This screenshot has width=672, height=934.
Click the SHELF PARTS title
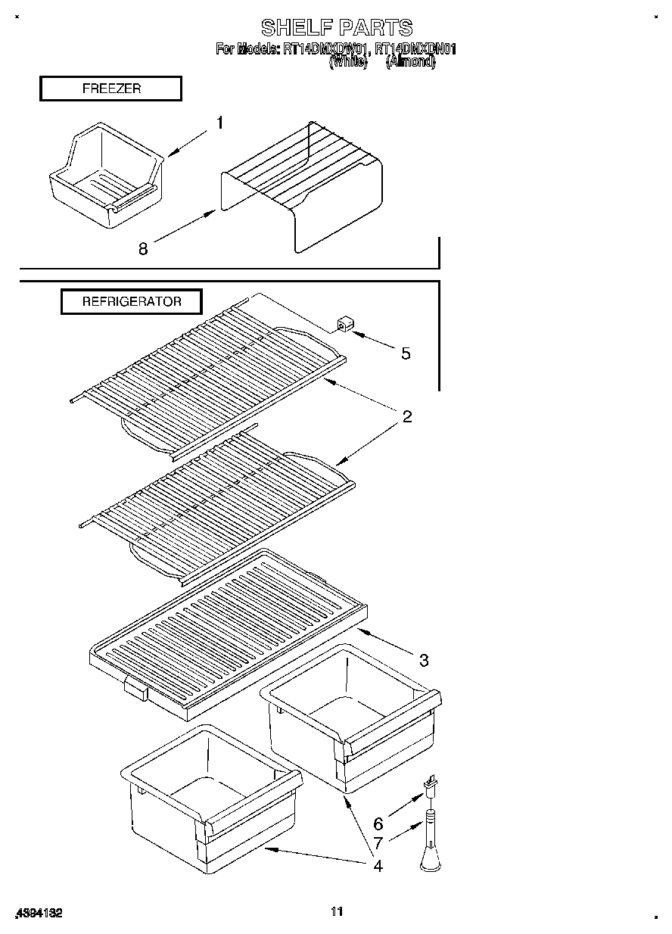click(x=337, y=28)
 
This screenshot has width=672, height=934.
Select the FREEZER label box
click(x=110, y=89)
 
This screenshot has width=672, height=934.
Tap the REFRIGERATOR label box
click(x=132, y=301)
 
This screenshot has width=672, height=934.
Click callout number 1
click(x=219, y=123)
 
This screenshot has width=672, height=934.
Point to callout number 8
click(x=143, y=248)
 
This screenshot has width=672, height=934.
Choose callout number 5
click(x=406, y=353)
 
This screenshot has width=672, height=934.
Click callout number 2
click(x=406, y=416)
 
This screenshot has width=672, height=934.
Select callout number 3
click(x=424, y=660)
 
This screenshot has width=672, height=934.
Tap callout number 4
click(x=378, y=865)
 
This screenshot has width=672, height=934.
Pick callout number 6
click(x=378, y=823)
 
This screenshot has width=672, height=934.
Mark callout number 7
click(x=378, y=842)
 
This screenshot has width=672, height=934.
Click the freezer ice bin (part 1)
click(x=106, y=174)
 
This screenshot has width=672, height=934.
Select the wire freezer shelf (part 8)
click(x=303, y=182)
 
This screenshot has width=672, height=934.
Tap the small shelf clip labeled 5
click(x=345, y=325)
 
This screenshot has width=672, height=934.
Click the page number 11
click(x=337, y=911)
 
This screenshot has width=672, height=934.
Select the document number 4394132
click(x=38, y=913)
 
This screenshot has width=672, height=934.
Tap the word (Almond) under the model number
click(x=410, y=64)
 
